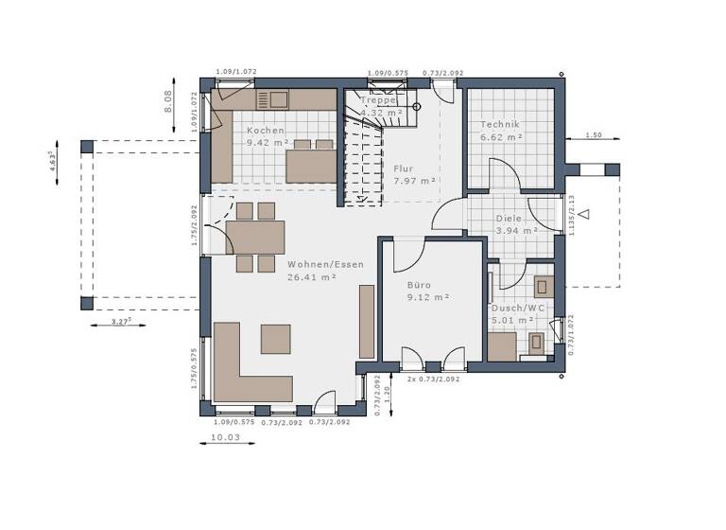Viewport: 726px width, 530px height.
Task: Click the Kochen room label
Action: tap(265, 130)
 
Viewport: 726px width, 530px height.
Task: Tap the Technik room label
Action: tap(500, 125)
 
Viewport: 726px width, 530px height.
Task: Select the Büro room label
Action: tap(419, 284)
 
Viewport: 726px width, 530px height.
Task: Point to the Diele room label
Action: tap(508, 218)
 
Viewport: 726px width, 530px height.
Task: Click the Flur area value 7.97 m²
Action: tap(414, 181)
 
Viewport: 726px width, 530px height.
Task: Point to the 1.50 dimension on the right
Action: tap(593, 135)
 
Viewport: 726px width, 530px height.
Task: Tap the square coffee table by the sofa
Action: tap(276, 339)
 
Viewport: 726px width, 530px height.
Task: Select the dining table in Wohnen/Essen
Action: tap(255, 237)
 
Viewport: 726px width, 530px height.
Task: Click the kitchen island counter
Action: tap(311, 166)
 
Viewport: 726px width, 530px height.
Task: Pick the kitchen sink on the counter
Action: tap(279, 97)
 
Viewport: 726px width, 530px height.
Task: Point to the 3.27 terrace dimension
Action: tap(120, 323)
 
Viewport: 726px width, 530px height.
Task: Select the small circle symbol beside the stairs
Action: tap(416, 107)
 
